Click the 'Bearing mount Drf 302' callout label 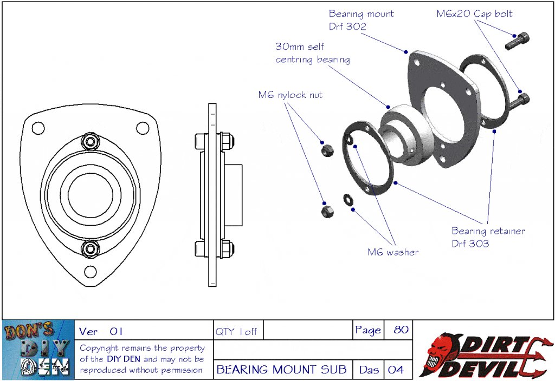[x=362, y=20]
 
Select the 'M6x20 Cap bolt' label [x=474, y=14]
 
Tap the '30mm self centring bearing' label [x=312, y=53]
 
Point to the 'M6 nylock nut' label [x=290, y=95]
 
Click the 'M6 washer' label [x=393, y=252]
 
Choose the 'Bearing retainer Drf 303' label [x=488, y=237]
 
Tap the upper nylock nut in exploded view [x=326, y=149]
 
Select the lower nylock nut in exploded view [x=326, y=209]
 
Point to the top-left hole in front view [x=38, y=128]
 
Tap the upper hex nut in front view [x=91, y=142]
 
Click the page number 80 [x=401, y=330]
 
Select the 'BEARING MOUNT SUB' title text [x=281, y=370]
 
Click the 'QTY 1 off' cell [x=236, y=331]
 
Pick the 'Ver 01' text [x=101, y=331]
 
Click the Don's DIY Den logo [x=38, y=349]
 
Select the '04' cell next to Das [x=396, y=370]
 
